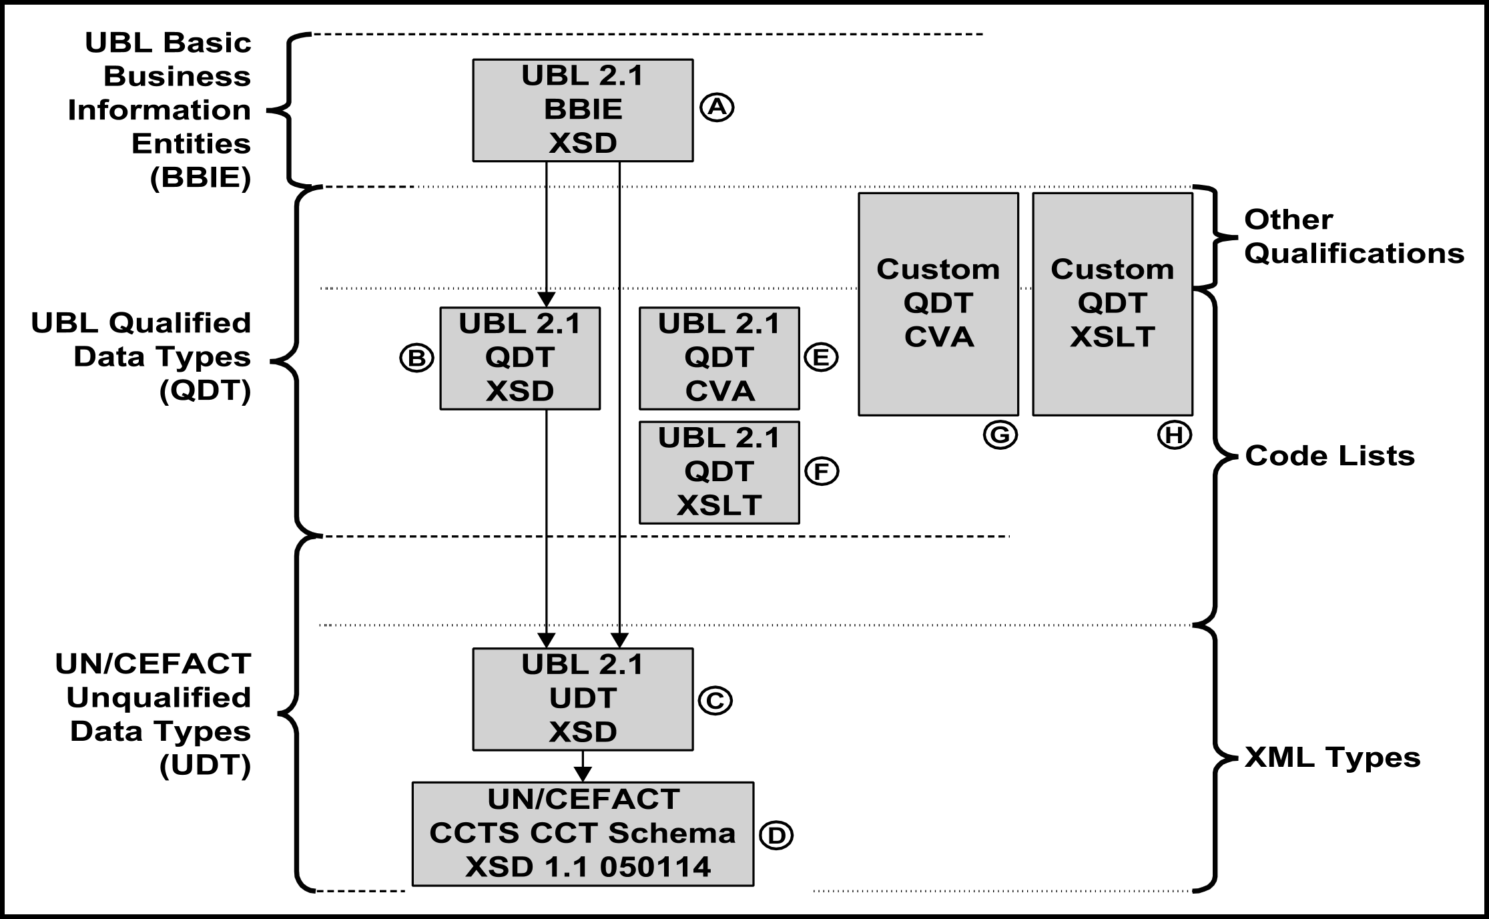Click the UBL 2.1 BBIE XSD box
(583, 110)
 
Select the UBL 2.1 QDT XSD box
(520, 358)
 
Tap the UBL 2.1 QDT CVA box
(719, 358)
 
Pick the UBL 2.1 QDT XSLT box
(719, 472)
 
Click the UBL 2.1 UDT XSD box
(583, 699)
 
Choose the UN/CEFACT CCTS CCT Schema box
(583, 834)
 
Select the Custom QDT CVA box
(938, 304)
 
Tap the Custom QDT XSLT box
(1112, 304)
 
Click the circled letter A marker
(717, 107)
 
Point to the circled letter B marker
(416, 358)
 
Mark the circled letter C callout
(715, 700)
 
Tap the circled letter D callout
(776, 836)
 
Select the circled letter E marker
(821, 358)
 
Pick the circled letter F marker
(822, 472)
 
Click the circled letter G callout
(1000, 435)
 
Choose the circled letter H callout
(1174, 435)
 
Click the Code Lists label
(1329, 456)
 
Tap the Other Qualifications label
(1354, 237)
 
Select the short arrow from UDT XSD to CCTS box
(583, 766)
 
